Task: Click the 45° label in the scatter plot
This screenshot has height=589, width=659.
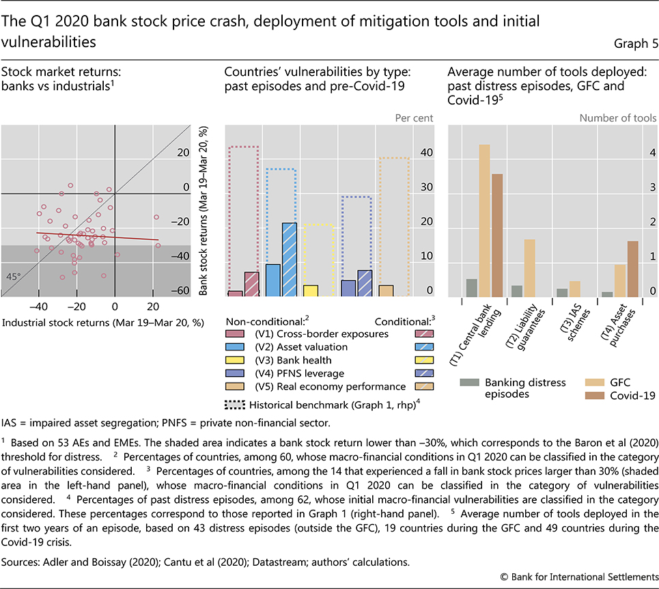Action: (14, 277)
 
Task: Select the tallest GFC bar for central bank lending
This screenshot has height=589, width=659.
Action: (485, 220)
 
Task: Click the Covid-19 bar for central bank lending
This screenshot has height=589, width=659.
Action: (497, 235)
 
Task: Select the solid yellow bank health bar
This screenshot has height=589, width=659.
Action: (311, 290)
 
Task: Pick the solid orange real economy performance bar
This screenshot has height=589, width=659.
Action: (387, 290)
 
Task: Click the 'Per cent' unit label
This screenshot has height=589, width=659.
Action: (414, 118)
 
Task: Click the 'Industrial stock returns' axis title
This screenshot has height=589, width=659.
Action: (103, 321)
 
